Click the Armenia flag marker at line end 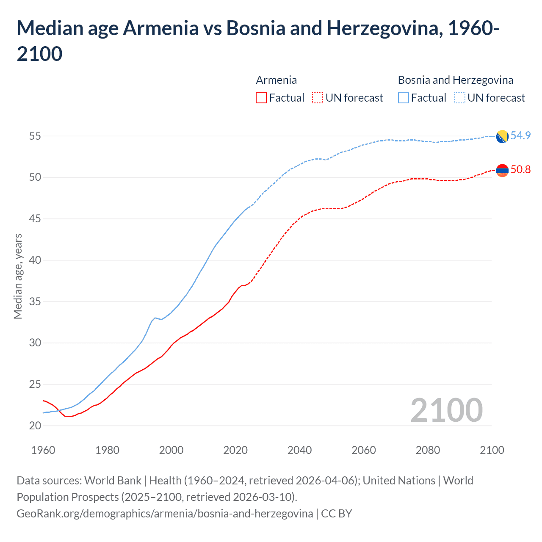[x=502, y=170]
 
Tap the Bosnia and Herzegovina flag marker [x=502, y=137]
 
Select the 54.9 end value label [x=520, y=135]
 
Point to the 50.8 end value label [x=520, y=169]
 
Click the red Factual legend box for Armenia [x=261, y=98]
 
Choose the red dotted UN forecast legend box [x=318, y=98]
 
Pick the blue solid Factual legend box [x=404, y=98]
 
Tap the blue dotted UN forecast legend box [x=460, y=98]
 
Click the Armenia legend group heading [x=276, y=80]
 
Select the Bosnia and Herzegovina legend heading [x=455, y=80]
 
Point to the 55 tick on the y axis [x=35, y=136]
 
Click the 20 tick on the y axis [x=35, y=426]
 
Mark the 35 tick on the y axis [x=35, y=301]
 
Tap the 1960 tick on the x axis [x=43, y=450]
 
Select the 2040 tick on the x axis [x=299, y=450]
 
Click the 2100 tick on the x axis [x=492, y=450]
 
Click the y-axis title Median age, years [x=18, y=276]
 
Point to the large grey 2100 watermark [x=446, y=410]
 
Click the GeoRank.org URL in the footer [x=165, y=514]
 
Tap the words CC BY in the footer [x=337, y=514]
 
